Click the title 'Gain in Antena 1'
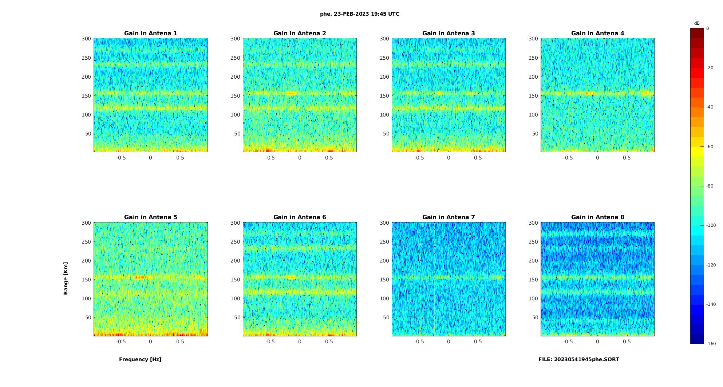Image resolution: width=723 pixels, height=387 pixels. coord(150,33)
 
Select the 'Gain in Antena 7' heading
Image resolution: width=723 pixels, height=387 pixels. coord(449,217)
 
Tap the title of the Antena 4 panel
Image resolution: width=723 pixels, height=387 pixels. coord(597,33)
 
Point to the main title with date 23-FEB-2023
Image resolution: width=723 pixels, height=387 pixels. coord(360,14)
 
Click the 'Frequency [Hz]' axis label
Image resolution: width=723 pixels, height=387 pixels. coord(140,359)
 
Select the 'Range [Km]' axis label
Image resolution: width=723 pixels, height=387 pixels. coord(66,278)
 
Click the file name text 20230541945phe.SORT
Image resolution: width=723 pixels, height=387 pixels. coord(578,359)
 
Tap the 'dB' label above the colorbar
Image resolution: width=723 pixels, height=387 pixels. coord(697,23)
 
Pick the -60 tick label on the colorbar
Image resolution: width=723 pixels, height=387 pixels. coord(710,147)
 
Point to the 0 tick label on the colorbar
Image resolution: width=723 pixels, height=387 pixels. coord(708,28)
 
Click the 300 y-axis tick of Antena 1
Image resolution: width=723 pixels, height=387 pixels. coord(86,39)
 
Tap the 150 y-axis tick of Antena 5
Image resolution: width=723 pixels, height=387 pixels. coord(86,280)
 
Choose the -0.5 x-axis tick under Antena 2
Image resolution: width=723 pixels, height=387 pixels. coord(270,158)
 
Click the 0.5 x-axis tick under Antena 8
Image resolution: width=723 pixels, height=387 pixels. coord(627,341)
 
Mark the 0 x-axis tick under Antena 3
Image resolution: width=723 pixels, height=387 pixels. coord(449,158)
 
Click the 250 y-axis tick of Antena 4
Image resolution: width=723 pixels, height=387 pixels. coord(533,58)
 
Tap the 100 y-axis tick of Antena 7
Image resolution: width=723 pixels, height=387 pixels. coord(384,299)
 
